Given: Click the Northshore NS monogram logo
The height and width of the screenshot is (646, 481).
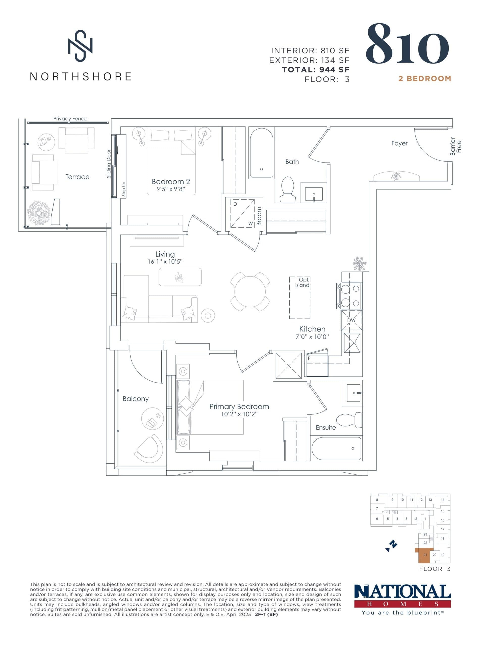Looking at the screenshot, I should tap(80, 46).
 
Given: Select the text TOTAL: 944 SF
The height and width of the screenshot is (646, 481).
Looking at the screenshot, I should tap(316, 70).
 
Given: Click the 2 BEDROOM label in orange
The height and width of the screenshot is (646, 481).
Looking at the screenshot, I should tap(424, 78).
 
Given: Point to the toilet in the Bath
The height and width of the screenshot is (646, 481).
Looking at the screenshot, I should tap(287, 190).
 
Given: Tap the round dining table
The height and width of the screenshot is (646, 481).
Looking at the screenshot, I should tap(250, 291).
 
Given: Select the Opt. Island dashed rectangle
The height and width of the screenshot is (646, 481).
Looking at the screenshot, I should tap(300, 298).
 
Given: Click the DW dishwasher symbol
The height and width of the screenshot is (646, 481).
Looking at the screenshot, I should tap(351, 320).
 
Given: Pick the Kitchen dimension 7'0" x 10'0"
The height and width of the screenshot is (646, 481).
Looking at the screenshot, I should tap(312, 337).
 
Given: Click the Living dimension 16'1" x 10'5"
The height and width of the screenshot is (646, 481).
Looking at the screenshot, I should tap(165, 262).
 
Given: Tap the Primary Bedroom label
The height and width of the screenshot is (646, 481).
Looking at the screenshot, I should tap(239, 407).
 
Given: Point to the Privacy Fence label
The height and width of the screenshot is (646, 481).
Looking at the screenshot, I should tap(70, 118).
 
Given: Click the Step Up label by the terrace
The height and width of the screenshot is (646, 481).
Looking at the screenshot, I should tap(124, 189).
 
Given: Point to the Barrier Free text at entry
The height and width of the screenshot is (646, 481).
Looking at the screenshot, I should tap(455, 146).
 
